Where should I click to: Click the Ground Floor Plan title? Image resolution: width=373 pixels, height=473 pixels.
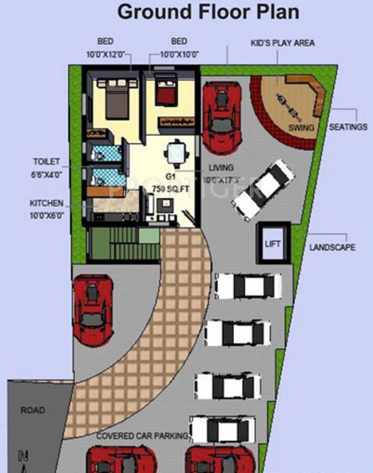pyautogui.click(x=208, y=12)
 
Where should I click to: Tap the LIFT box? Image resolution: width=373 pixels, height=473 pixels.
pyautogui.click(x=273, y=244)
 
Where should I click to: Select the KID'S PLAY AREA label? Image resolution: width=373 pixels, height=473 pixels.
pyautogui.click(x=283, y=43)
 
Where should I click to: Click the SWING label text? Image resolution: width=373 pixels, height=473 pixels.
pyautogui.click(x=301, y=128)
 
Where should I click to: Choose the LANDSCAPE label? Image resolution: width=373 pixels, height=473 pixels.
pyautogui.click(x=332, y=247)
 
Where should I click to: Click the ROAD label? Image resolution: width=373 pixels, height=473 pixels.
pyautogui.click(x=33, y=410)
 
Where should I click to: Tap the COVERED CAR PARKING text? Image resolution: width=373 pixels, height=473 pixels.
pyautogui.click(x=142, y=436)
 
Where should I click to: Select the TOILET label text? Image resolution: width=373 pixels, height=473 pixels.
pyautogui.click(x=47, y=161)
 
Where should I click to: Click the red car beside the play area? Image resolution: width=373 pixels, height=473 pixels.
pyautogui.click(x=222, y=115)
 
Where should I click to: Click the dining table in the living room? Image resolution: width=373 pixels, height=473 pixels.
pyautogui.click(x=176, y=153)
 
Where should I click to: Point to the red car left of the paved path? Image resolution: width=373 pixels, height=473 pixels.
pyautogui.click(x=92, y=310)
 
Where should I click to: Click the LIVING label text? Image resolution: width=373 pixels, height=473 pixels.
pyautogui.click(x=221, y=168)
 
